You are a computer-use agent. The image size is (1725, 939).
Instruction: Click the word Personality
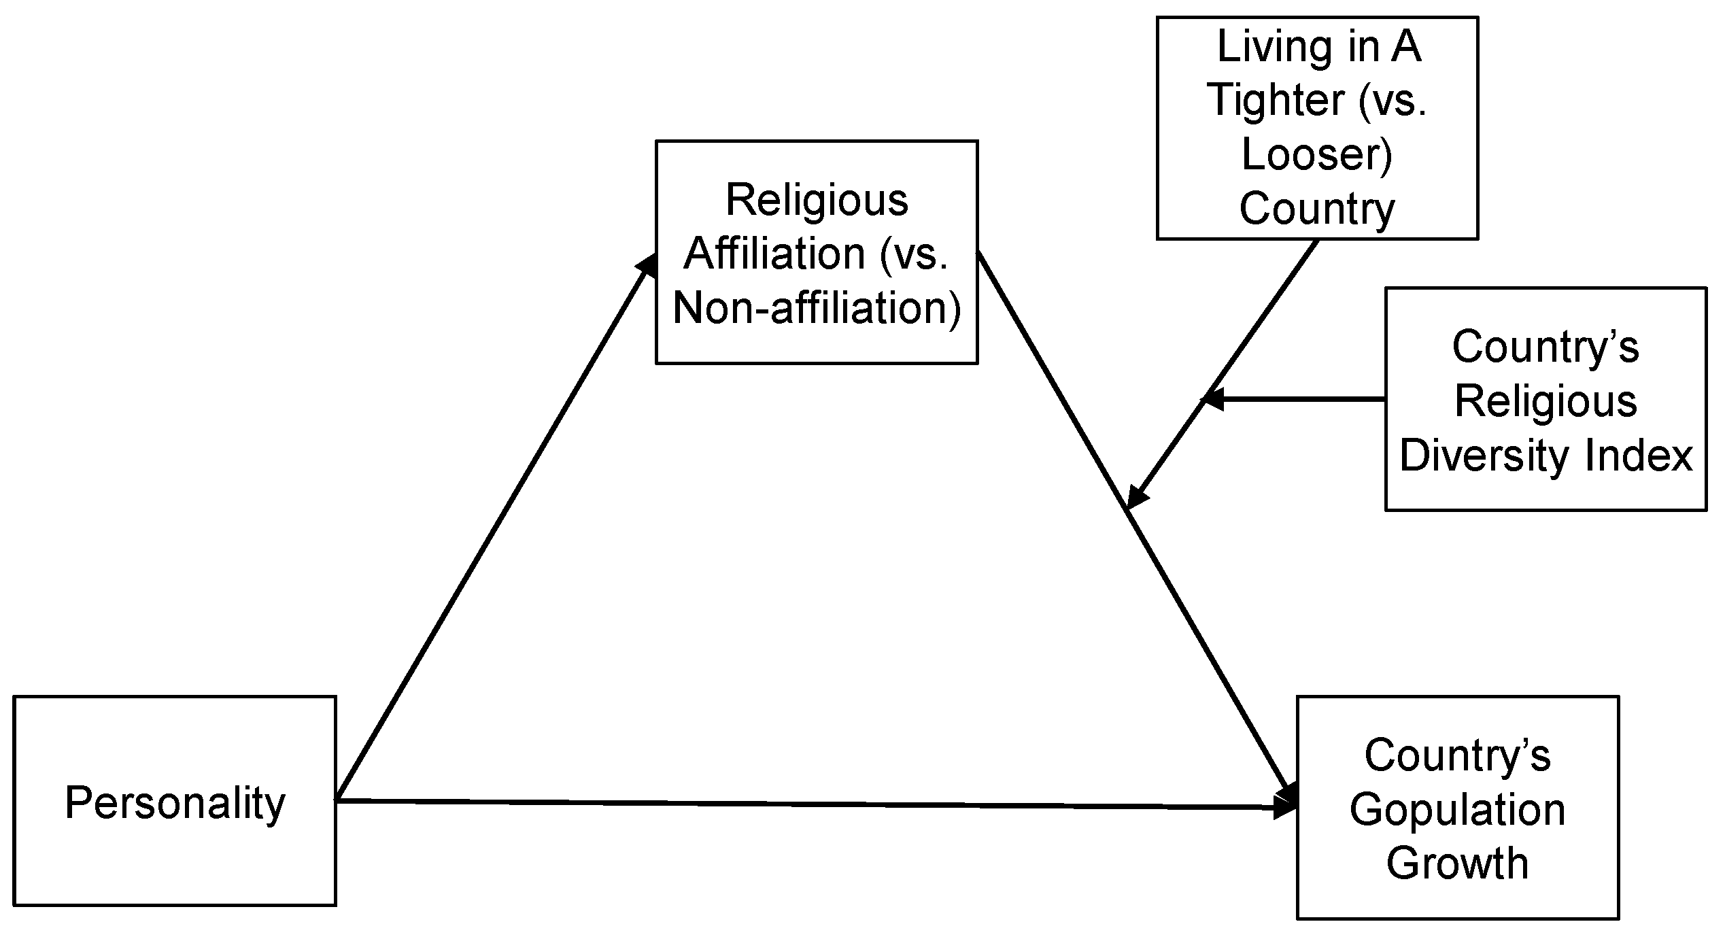coord(175,803)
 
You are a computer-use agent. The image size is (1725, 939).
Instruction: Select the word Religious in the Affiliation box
coord(817,201)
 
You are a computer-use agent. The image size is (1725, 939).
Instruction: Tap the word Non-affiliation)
coord(817,308)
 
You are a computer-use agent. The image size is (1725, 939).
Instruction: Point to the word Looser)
coord(1317,154)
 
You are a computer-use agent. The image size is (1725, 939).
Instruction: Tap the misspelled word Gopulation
coord(1457,810)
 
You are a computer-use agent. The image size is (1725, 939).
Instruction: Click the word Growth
coord(1457,864)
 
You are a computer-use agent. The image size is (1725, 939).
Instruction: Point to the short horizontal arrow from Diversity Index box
coord(1299,399)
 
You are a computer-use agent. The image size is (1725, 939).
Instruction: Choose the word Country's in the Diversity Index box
coord(1545,347)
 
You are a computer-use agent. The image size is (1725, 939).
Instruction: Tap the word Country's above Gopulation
coord(1457,756)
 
